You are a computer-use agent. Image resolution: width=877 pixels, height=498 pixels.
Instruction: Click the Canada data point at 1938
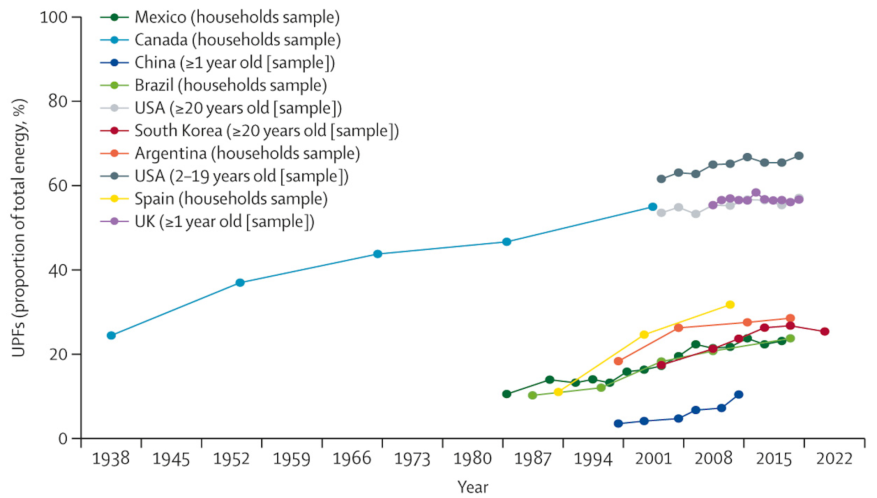click(111, 335)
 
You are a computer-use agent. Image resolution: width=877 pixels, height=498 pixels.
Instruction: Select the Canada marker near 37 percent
click(240, 283)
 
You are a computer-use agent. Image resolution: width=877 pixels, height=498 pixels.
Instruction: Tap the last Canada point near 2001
click(653, 207)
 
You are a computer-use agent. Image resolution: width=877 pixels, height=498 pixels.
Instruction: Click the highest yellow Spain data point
click(730, 305)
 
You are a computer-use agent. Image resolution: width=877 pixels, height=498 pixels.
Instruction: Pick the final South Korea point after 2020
click(824, 332)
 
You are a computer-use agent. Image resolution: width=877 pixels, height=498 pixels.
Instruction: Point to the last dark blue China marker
click(739, 394)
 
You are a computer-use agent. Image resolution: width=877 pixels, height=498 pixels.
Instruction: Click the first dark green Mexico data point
click(507, 394)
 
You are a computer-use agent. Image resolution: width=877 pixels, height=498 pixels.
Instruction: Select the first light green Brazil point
click(532, 395)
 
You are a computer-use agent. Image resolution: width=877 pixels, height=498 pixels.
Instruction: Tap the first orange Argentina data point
click(618, 361)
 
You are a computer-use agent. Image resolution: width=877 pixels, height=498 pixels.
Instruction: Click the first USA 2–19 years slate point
click(661, 179)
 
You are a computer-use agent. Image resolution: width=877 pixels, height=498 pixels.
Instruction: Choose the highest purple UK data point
click(756, 193)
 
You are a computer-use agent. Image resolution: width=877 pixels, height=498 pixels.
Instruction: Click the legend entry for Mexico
click(237, 17)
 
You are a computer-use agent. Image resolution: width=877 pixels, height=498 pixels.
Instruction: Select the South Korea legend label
click(266, 131)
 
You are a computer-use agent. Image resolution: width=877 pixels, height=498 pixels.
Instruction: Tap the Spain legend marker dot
click(114, 198)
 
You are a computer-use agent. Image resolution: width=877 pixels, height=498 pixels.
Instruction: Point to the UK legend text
click(224, 222)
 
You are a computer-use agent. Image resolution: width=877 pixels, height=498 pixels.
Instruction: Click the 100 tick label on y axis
click(53, 17)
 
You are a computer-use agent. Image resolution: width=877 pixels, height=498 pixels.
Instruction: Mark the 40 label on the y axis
click(58, 270)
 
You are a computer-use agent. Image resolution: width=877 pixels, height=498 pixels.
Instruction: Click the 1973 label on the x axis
click(412, 459)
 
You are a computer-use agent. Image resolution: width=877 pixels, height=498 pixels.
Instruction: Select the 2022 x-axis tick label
click(834, 459)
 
